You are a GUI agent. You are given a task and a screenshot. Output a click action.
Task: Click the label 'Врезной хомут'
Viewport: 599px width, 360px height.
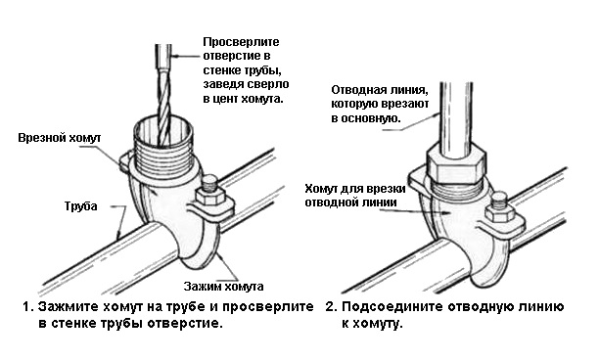pyautogui.click(x=60, y=138)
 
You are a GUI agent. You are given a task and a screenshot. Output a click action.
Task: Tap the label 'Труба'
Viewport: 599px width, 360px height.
pyautogui.click(x=80, y=206)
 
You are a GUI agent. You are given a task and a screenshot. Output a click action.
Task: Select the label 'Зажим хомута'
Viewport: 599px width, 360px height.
pyautogui.click(x=223, y=287)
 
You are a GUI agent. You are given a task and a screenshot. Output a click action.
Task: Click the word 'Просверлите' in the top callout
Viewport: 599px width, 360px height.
pyautogui.click(x=241, y=42)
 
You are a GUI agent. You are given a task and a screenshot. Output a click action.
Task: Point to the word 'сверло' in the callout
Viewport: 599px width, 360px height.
pyautogui.click(x=268, y=84)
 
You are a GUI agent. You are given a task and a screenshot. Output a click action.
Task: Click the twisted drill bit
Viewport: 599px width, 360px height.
pyautogui.click(x=163, y=107)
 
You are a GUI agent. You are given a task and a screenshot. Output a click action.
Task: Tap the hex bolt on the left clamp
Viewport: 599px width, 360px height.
pyautogui.click(x=208, y=191)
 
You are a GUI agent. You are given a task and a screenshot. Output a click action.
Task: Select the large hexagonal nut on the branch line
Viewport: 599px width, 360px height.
pyautogui.click(x=456, y=164)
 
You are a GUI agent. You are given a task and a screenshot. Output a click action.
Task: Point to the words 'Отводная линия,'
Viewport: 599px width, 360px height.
pyautogui.click(x=380, y=90)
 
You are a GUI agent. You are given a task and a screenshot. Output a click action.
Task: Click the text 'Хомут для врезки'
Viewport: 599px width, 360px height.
pyautogui.click(x=355, y=189)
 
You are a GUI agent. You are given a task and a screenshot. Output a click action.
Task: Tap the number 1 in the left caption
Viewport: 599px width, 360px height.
pyautogui.click(x=27, y=306)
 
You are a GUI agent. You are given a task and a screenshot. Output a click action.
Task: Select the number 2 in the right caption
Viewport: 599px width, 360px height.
pyautogui.click(x=330, y=306)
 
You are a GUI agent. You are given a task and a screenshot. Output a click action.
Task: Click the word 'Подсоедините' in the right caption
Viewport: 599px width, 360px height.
pyautogui.click(x=392, y=307)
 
